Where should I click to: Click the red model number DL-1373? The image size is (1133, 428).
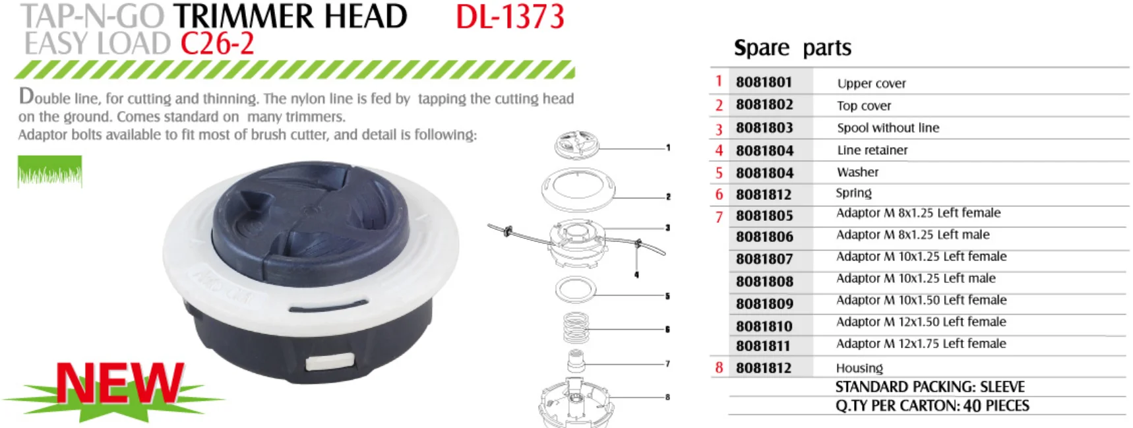pyautogui.click(x=510, y=17)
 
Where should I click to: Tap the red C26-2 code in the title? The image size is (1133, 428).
pyautogui.click(x=217, y=44)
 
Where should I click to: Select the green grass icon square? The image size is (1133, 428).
pyautogui.click(x=50, y=171)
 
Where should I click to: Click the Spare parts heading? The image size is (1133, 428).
pyautogui.click(x=792, y=48)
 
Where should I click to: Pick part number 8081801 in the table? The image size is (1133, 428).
pyautogui.click(x=764, y=82)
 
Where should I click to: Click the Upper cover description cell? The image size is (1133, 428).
pyautogui.click(x=871, y=84)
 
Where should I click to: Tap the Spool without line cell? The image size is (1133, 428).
pyautogui.click(x=888, y=128)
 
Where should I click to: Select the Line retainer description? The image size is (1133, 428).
pyautogui.click(x=872, y=150)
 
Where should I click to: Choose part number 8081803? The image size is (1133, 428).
pyautogui.click(x=764, y=128)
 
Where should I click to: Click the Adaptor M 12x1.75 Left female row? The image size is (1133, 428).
pyautogui.click(x=921, y=344)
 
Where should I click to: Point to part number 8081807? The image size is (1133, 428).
pyautogui.click(x=764, y=259)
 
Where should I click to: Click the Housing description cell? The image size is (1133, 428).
pyautogui.click(x=859, y=368)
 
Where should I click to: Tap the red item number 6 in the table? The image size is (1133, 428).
pyautogui.click(x=719, y=195)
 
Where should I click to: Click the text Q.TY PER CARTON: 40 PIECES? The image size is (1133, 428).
pyautogui.click(x=932, y=406)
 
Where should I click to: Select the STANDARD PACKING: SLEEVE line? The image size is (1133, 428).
pyautogui.click(x=930, y=386)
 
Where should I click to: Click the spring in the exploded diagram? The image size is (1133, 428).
pyautogui.click(x=576, y=328)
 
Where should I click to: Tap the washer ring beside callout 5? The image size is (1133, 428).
pyautogui.click(x=575, y=289)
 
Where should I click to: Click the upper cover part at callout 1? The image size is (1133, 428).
pyautogui.click(x=576, y=145)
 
